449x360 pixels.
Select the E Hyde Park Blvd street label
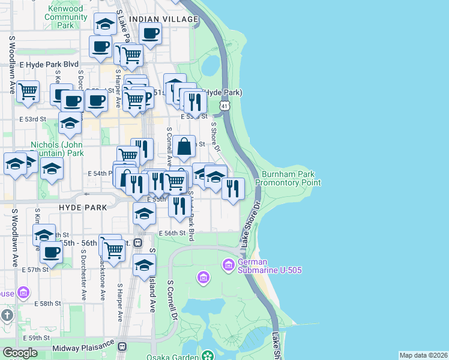tap(49, 64)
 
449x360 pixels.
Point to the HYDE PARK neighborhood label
tap(83, 207)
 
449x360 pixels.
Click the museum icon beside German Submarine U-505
tap(228, 264)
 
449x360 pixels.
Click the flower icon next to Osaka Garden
tap(208, 356)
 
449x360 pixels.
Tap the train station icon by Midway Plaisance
tap(122, 347)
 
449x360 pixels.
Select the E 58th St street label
tap(49, 304)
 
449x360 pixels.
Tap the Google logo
tap(20, 353)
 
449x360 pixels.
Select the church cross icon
tap(7, 315)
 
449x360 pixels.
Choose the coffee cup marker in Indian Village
tap(151, 32)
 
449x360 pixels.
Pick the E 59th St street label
tap(35, 338)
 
